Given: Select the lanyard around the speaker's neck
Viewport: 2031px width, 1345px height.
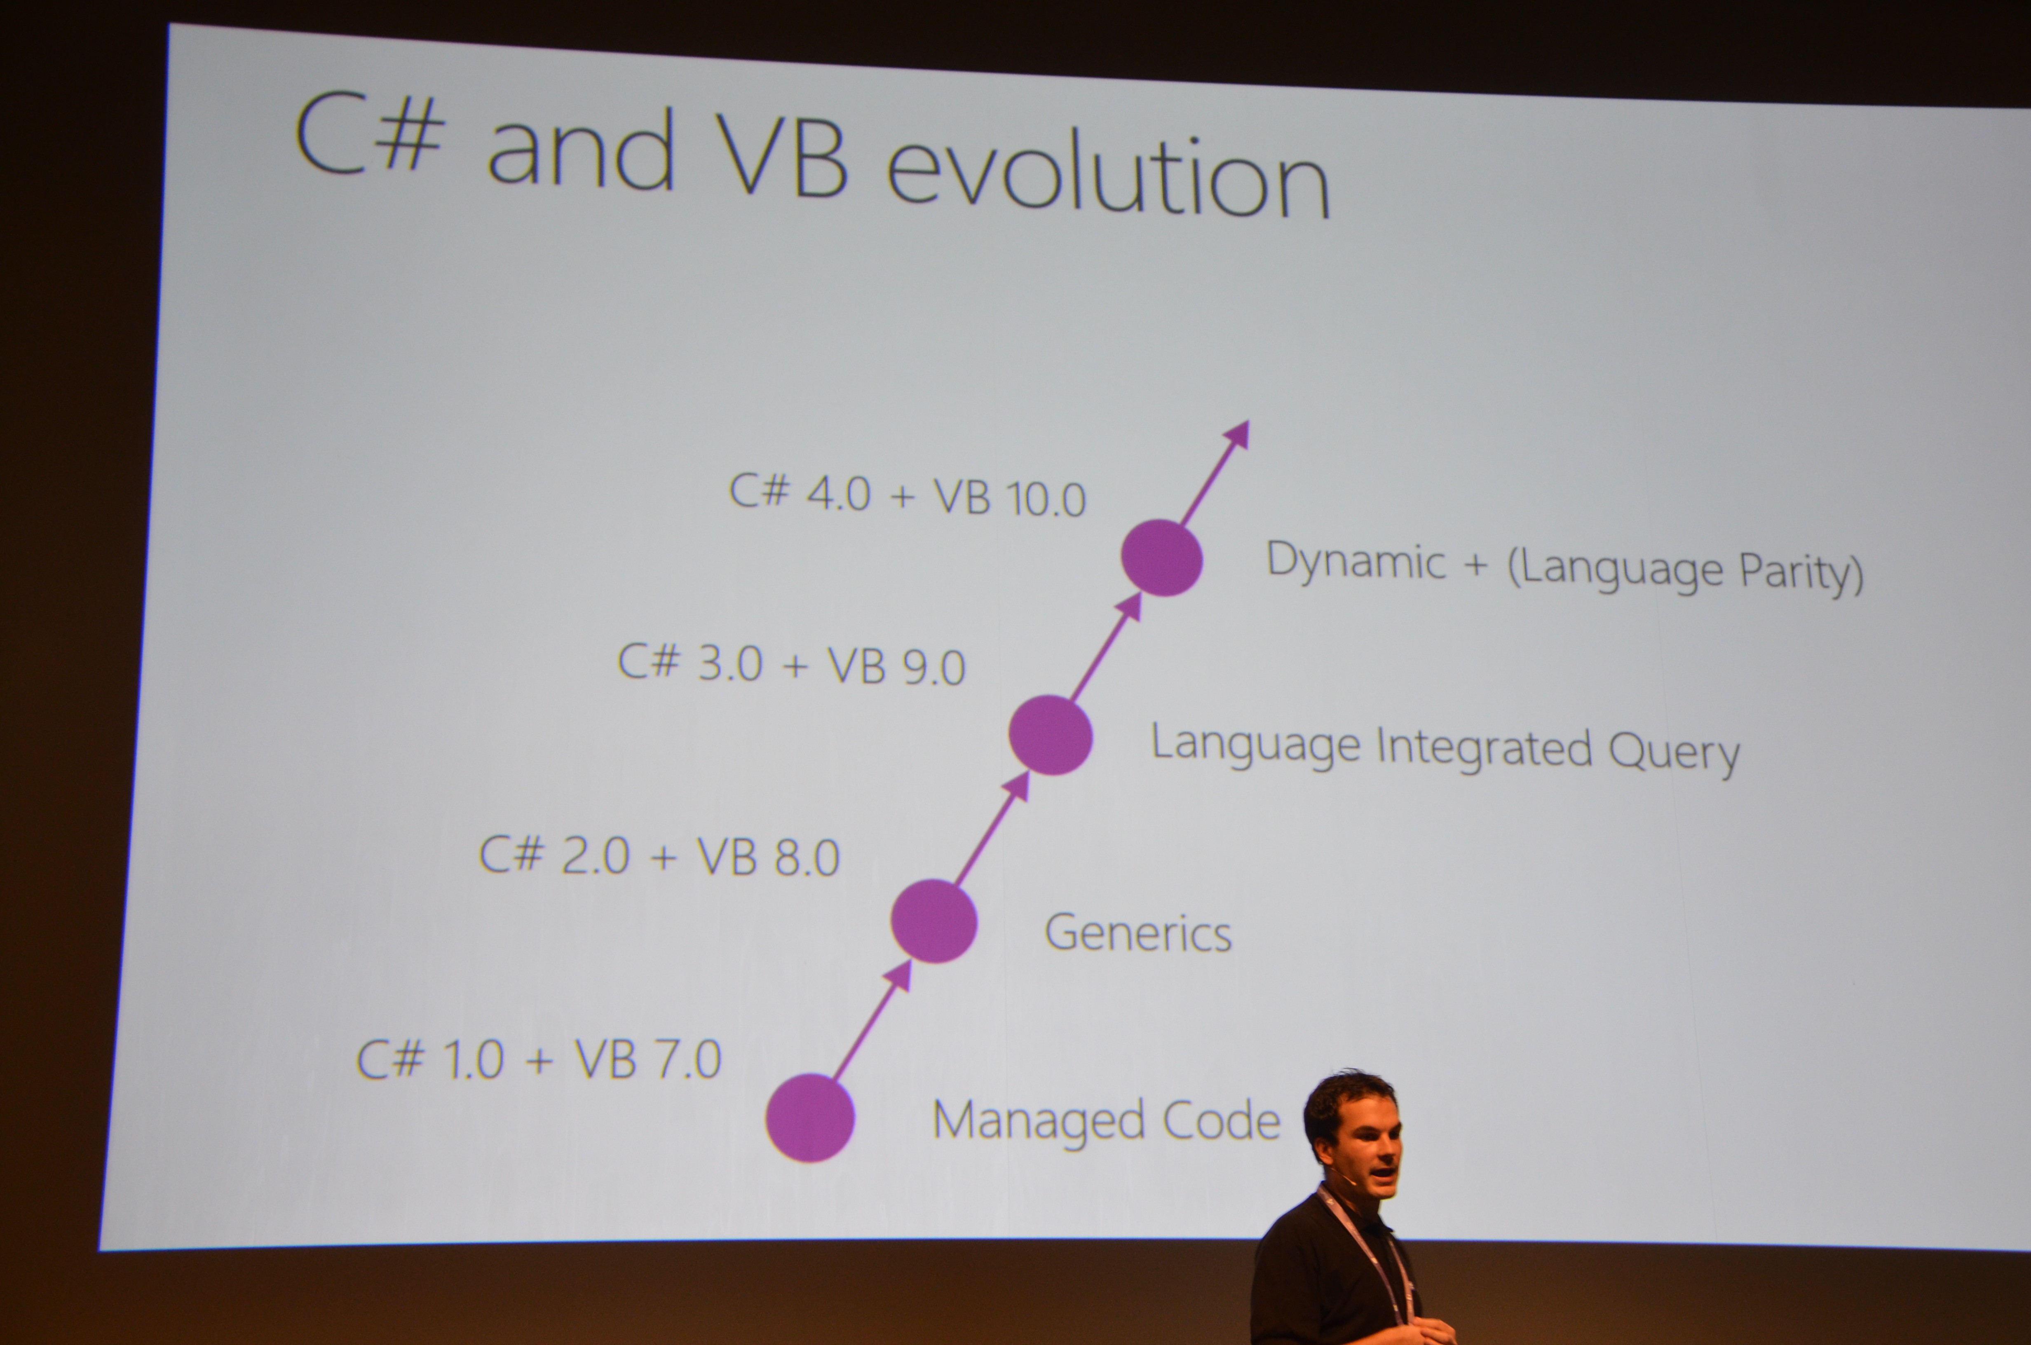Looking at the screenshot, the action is click(x=1368, y=1252).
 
